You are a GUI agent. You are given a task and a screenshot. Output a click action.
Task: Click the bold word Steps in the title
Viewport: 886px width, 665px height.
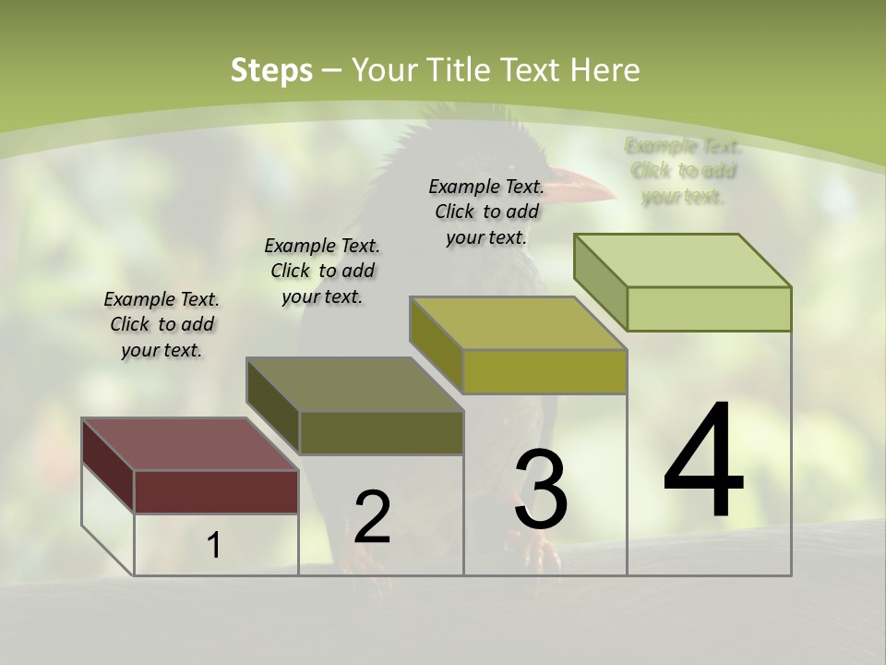[x=271, y=70]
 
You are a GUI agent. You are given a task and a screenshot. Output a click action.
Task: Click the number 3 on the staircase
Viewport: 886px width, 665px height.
[x=541, y=490]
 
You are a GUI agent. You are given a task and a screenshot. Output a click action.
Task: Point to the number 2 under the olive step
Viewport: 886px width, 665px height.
[x=372, y=517]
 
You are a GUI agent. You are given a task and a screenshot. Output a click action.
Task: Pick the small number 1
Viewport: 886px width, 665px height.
[x=214, y=546]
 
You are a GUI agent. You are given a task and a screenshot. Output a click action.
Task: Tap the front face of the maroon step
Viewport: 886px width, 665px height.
[x=216, y=491]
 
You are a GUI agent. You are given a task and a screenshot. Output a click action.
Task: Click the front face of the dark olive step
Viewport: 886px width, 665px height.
[x=381, y=432]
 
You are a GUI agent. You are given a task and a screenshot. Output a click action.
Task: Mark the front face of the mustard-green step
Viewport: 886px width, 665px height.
[x=545, y=371]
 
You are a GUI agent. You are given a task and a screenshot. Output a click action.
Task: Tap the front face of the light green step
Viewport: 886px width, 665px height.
[x=709, y=308]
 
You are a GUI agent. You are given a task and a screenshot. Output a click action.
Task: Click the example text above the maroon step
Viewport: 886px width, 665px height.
[x=162, y=324]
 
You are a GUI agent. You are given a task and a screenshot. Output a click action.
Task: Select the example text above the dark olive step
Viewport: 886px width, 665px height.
[x=322, y=271]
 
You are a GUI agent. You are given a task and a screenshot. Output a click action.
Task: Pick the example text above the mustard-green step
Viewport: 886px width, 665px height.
[x=486, y=212]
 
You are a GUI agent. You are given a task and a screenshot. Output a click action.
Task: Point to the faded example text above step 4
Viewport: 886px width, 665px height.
[x=683, y=171]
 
